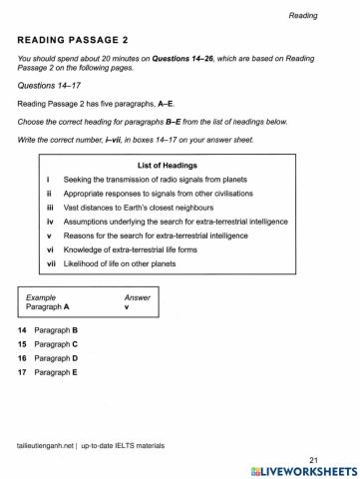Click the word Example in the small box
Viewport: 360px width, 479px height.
[42, 297]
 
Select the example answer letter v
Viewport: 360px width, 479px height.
[127, 307]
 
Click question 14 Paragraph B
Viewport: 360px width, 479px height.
[55, 329]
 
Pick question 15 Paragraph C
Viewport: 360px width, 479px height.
[55, 343]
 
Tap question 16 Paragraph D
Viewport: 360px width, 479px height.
[55, 357]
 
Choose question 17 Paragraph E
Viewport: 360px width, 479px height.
[55, 371]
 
